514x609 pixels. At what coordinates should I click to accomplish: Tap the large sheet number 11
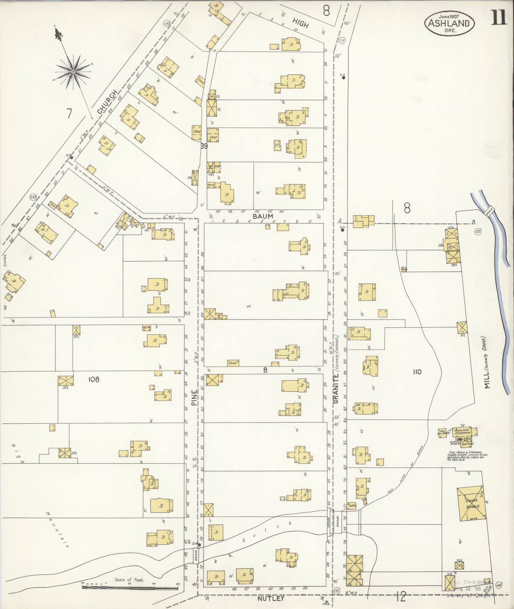(498, 18)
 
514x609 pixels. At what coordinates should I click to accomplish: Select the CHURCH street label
(107, 102)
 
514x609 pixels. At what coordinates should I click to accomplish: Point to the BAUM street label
(263, 216)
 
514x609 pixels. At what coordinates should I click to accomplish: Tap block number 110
(417, 372)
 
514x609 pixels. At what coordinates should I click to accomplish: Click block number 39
(204, 146)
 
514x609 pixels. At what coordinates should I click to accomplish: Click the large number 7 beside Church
(69, 113)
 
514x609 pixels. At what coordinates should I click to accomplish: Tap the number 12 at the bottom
(401, 597)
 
